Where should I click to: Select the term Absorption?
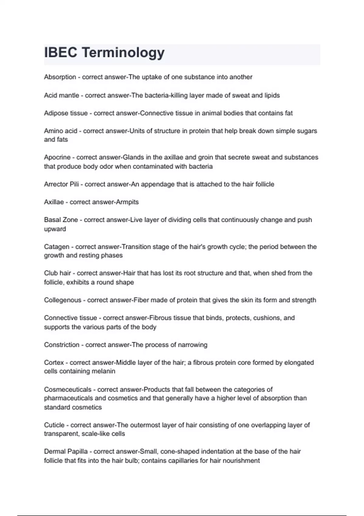60,77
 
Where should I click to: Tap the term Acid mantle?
62,95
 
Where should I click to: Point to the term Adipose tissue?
66,113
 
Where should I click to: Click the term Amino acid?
61,131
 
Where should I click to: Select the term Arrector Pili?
61,184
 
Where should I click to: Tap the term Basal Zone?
61,220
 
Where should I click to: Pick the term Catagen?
57,247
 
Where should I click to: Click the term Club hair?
58,273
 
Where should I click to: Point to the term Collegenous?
63,300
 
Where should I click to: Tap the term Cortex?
54,363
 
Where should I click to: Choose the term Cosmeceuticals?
68,389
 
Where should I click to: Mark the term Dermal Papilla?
66,452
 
